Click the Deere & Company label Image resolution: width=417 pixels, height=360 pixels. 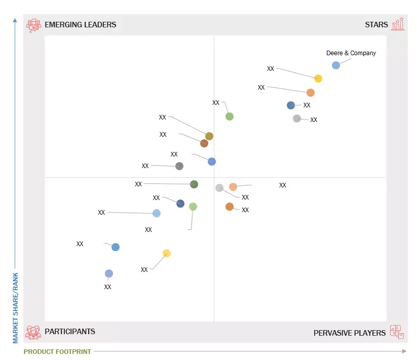tap(351, 53)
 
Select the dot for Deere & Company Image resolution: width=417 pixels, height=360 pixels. tap(336, 65)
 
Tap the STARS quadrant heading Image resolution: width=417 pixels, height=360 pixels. tap(376, 24)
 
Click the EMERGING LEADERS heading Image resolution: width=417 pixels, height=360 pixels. tap(80, 24)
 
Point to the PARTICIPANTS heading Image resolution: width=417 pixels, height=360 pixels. tap(70, 332)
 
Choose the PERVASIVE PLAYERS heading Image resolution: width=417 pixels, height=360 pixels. tap(350, 333)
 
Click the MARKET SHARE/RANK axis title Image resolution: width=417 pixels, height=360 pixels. tap(15, 307)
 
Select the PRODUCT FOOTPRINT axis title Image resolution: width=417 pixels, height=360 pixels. tap(57, 351)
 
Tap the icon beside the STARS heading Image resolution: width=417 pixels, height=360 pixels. tap(398, 24)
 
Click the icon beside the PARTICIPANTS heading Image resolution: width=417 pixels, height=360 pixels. tap(33, 332)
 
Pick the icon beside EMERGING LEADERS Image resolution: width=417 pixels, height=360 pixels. tap(33, 25)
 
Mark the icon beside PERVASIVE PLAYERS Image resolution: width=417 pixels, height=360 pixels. tap(397, 332)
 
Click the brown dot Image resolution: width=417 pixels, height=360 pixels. tap(204, 143)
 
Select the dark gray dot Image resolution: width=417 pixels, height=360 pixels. tap(179, 166)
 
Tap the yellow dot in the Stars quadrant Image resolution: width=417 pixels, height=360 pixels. tap(318, 78)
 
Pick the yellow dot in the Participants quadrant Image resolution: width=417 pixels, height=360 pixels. tap(167, 253)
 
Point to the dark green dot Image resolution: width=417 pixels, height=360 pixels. tap(194, 184)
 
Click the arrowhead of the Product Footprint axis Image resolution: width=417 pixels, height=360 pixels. tap(404, 351)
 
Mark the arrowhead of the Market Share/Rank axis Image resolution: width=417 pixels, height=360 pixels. tap(15, 20)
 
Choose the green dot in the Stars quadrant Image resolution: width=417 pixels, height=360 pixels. tap(230, 116)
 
